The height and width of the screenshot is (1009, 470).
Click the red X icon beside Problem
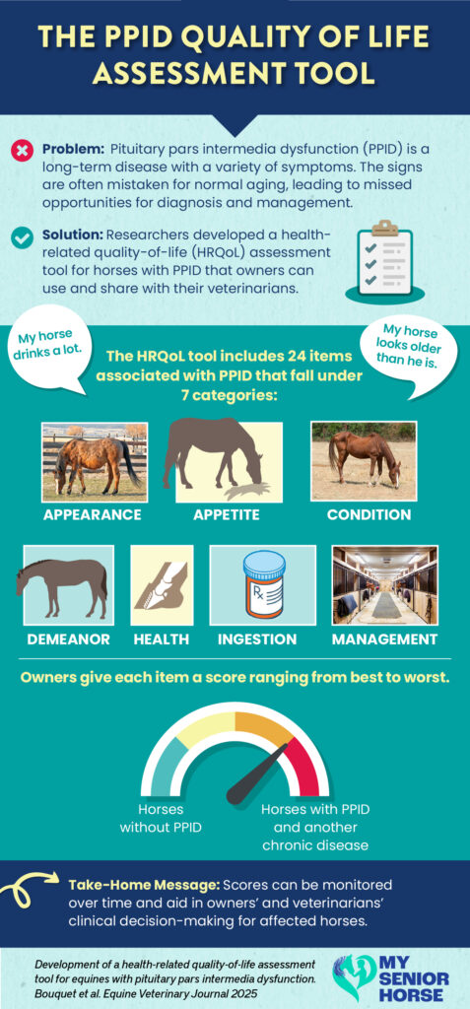[x=23, y=151]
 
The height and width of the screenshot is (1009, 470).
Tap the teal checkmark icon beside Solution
[x=23, y=238]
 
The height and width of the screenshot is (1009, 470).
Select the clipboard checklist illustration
[x=385, y=260]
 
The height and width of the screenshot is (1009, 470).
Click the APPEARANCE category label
[x=92, y=514]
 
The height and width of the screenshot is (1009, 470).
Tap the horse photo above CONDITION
[x=364, y=461]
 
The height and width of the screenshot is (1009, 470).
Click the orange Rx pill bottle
[x=263, y=584]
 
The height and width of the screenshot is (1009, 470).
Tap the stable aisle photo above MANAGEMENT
[x=385, y=585]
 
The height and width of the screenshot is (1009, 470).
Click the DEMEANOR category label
[x=68, y=639]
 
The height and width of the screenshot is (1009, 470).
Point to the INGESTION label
[x=257, y=639]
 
